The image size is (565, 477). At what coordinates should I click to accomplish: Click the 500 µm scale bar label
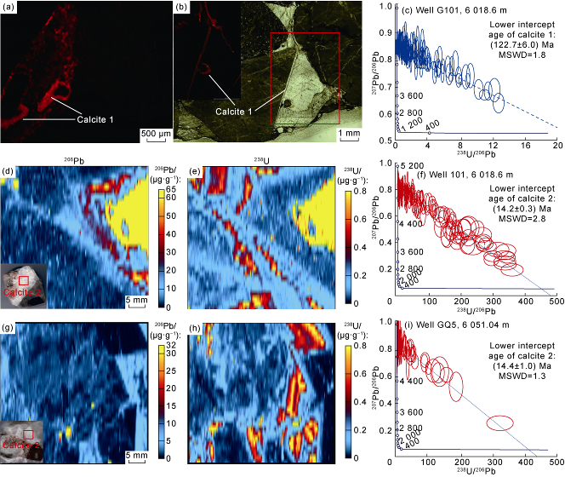pos(153,134)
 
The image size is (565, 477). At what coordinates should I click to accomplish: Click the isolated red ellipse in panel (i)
pos(499,422)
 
